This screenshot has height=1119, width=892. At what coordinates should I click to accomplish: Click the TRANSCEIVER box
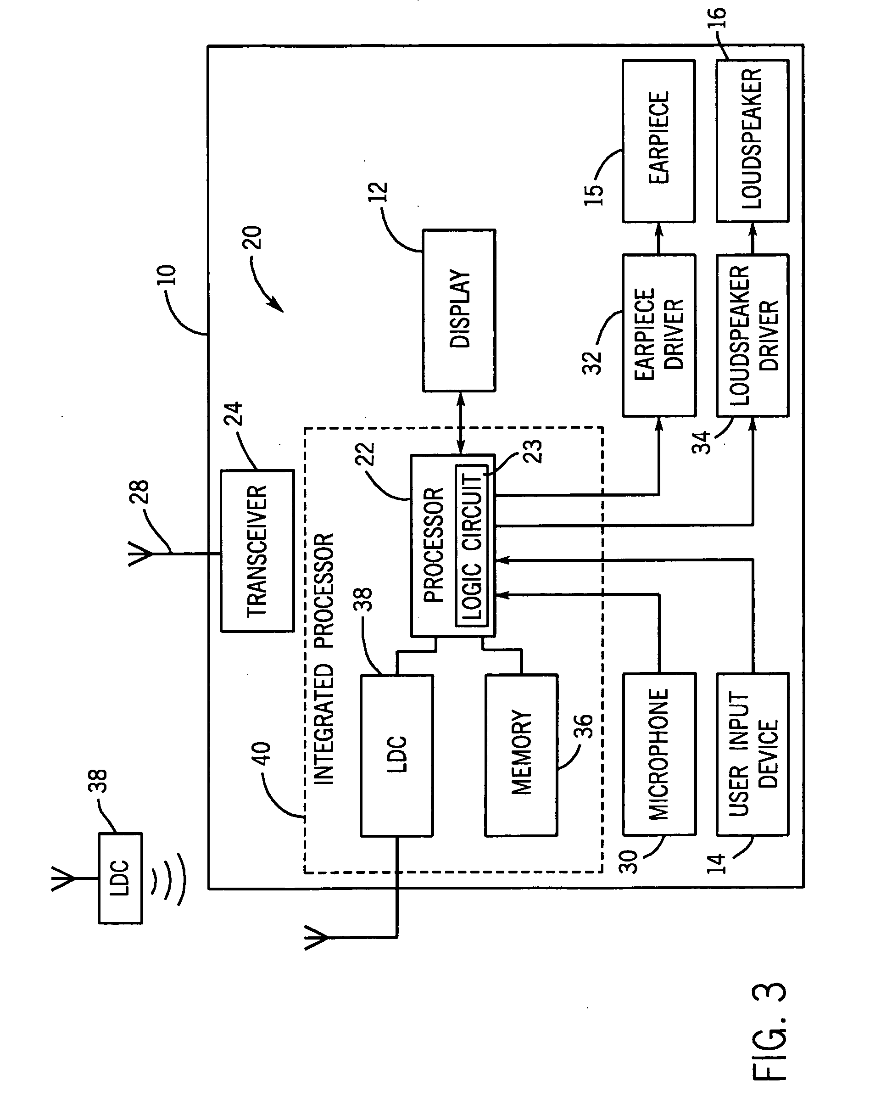257,551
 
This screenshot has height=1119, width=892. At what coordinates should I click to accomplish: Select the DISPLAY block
459,310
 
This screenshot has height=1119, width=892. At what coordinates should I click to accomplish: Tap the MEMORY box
521,755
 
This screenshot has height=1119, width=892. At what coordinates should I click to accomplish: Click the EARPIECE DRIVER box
658,335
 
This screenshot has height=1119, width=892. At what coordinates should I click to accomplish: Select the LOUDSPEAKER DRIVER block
753,335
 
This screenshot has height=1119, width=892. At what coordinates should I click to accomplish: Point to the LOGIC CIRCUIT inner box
472,545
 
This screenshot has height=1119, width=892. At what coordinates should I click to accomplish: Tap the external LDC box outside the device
120,878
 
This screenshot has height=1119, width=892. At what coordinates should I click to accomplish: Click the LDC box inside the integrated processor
397,755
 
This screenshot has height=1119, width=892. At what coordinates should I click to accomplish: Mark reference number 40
261,754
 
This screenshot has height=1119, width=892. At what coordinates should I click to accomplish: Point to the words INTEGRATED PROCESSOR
324,659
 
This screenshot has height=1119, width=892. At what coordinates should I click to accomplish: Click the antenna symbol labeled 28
141,554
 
